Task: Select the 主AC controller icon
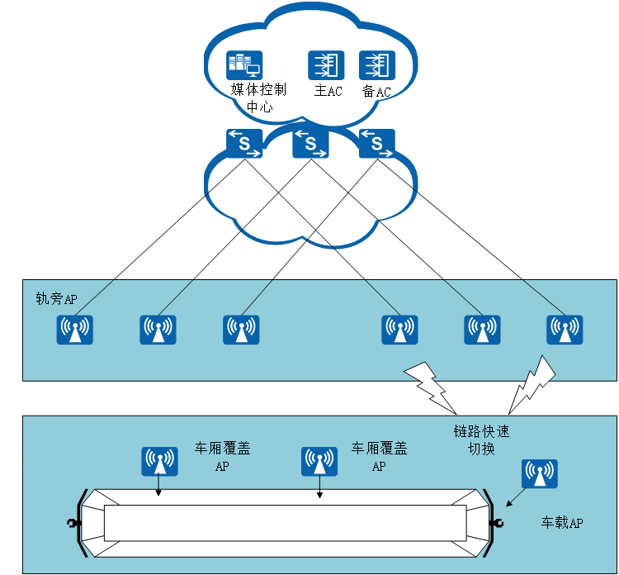pos(327,65)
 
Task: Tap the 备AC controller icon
pos(377,65)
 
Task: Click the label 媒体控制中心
pos(258,97)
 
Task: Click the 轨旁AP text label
pos(56,298)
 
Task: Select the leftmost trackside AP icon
pos(75,330)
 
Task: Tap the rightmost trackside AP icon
pos(565,330)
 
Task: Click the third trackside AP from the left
pos(241,330)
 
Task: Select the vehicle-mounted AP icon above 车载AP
pos(540,474)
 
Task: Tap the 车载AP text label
pos(562,523)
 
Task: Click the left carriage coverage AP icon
pos(159,462)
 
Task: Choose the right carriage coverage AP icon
pos(319,462)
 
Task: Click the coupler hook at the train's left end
pos(73,523)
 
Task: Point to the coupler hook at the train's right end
pos(496,523)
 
